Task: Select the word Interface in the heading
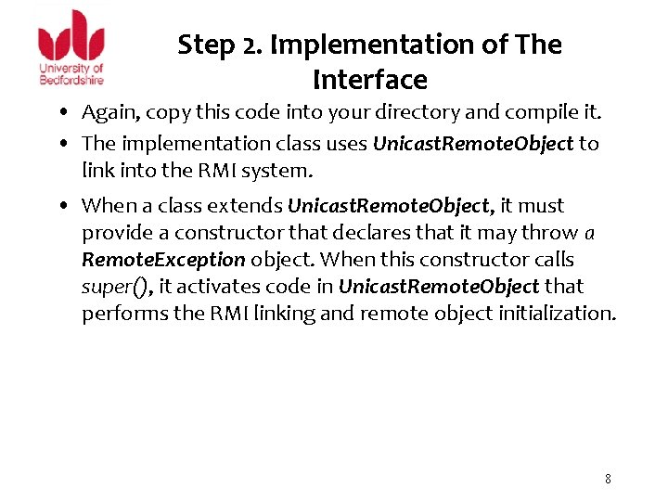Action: pyautogui.click(x=369, y=81)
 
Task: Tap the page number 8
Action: pyautogui.click(x=608, y=479)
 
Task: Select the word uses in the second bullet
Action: pyautogui.click(x=340, y=144)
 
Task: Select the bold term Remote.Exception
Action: pyautogui.click(x=163, y=260)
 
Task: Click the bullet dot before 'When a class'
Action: pyautogui.click(x=70, y=206)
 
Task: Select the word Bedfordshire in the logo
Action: pyautogui.click(x=71, y=80)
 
